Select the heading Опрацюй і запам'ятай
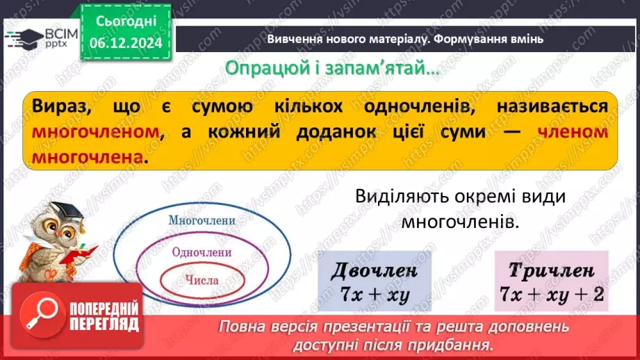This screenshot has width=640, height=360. [x=333, y=69]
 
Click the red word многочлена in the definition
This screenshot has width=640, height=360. [x=89, y=158]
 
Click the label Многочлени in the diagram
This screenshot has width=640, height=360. [x=202, y=220]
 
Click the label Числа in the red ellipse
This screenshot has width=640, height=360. [x=202, y=281]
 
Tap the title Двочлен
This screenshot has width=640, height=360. [x=375, y=270]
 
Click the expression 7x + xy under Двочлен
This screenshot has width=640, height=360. [x=375, y=294]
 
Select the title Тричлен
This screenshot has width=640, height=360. [x=551, y=270]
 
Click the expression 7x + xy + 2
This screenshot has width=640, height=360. [x=551, y=295]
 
